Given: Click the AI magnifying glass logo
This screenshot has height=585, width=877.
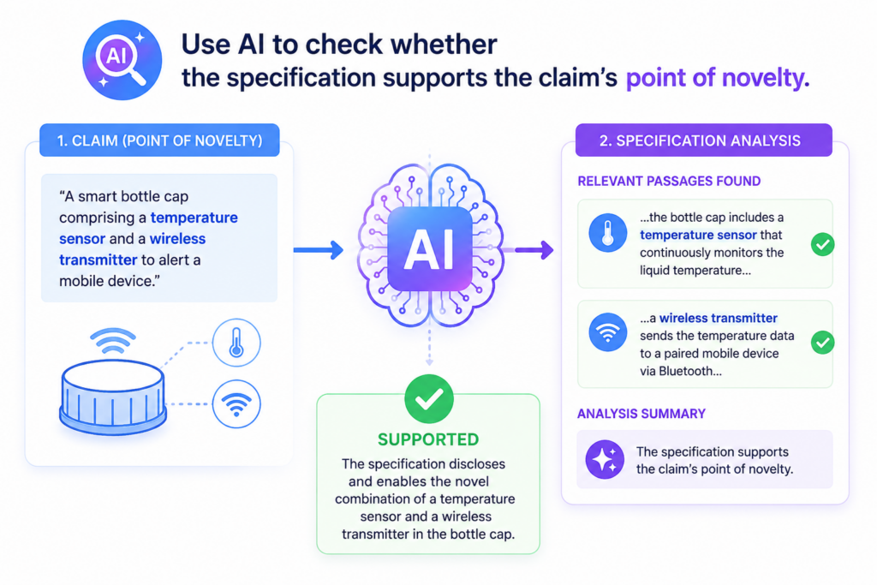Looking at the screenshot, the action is [x=122, y=60].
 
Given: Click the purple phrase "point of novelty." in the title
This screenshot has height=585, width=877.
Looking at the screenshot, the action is [x=718, y=77].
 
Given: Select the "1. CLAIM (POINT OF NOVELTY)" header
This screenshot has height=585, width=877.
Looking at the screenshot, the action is [x=159, y=140].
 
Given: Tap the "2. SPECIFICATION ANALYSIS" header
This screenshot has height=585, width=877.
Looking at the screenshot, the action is [x=703, y=140].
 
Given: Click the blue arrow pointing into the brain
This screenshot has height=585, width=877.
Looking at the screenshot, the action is [x=319, y=250].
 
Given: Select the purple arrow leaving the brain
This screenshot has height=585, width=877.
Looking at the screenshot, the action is [x=529, y=250].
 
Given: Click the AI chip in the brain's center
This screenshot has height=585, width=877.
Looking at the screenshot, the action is [x=429, y=249].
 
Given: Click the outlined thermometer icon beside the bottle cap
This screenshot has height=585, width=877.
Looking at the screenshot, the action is [x=236, y=343].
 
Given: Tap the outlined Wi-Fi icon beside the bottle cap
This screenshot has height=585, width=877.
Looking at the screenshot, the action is [x=236, y=403].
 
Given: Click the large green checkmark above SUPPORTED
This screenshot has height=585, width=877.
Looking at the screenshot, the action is [x=429, y=399].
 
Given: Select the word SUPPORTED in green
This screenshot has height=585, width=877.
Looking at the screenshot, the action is [x=428, y=439].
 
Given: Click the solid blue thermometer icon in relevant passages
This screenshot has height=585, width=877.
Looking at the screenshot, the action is [x=608, y=233].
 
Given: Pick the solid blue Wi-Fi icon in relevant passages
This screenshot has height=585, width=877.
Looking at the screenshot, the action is [x=608, y=332].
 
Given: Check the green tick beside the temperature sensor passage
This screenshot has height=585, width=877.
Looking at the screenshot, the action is [x=823, y=244].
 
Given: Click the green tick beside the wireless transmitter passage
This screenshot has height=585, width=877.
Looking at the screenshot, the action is [x=823, y=343].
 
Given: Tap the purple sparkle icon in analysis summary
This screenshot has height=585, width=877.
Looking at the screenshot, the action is [x=605, y=459].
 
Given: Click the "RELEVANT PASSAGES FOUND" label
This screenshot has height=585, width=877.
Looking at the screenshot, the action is [x=669, y=182].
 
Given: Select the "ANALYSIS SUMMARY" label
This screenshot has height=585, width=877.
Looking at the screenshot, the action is [x=641, y=414].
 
